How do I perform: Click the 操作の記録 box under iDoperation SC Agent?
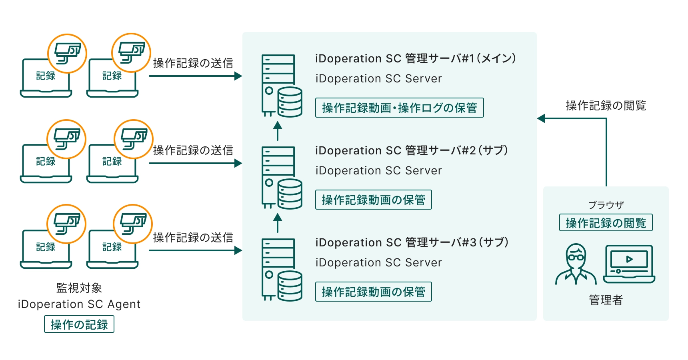(79, 324)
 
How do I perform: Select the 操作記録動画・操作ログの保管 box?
(399, 108)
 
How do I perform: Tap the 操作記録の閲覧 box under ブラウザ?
(606, 223)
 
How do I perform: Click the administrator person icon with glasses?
(576, 264)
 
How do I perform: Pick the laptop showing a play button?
(629, 264)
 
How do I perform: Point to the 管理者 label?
(606, 300)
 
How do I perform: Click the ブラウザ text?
(606, 205)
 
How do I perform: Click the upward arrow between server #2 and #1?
(278, 131)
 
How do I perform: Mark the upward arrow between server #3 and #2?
(278, 223)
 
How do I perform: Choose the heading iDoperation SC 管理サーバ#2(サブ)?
(411, 150)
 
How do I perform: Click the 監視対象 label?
(79, 288)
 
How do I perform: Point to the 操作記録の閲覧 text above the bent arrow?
(606, 106)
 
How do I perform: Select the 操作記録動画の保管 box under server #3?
(373, 292)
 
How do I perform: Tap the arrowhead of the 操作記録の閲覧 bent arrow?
(541, 118)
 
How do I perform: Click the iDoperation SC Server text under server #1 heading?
(378, 78)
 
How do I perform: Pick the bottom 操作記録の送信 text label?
(193, 238)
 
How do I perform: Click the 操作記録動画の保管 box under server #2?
(373, 200)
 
